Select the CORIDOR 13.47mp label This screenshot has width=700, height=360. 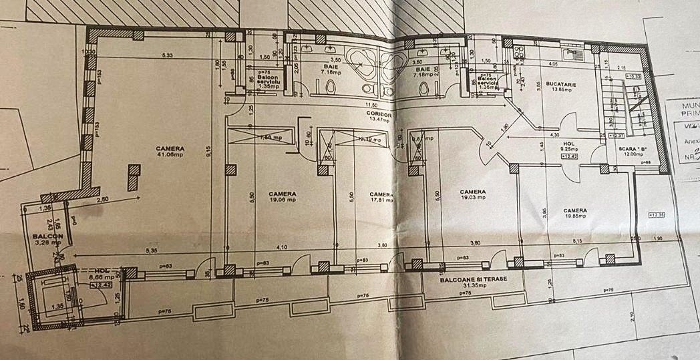point(378,118)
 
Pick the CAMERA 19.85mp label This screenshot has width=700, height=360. point(574,212)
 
